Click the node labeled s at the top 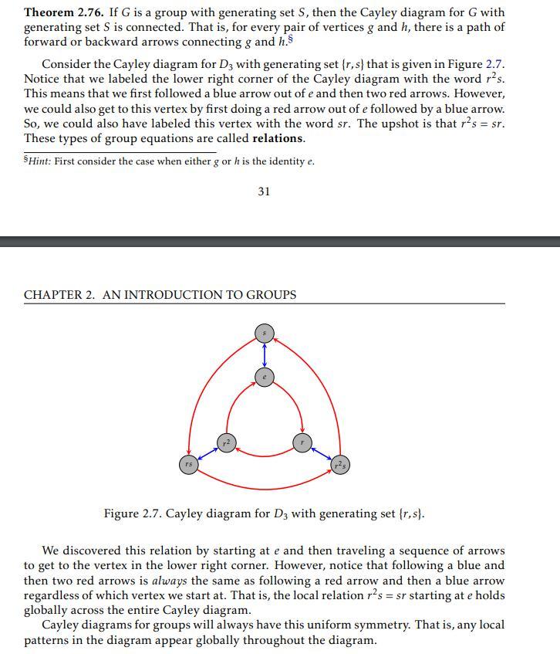tap(265, 334)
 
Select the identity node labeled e tap(265, 377)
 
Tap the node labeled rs tap(188, 464)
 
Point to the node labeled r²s tap(340, 464)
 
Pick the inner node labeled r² tap(225, 442)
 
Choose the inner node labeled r tap(302, 442)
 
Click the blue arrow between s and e tap(265, 355)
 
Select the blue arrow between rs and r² tap(207, 454)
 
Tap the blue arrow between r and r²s tap(321, 453)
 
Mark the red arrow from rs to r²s tap(265, 487)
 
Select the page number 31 tap(264, 191)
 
